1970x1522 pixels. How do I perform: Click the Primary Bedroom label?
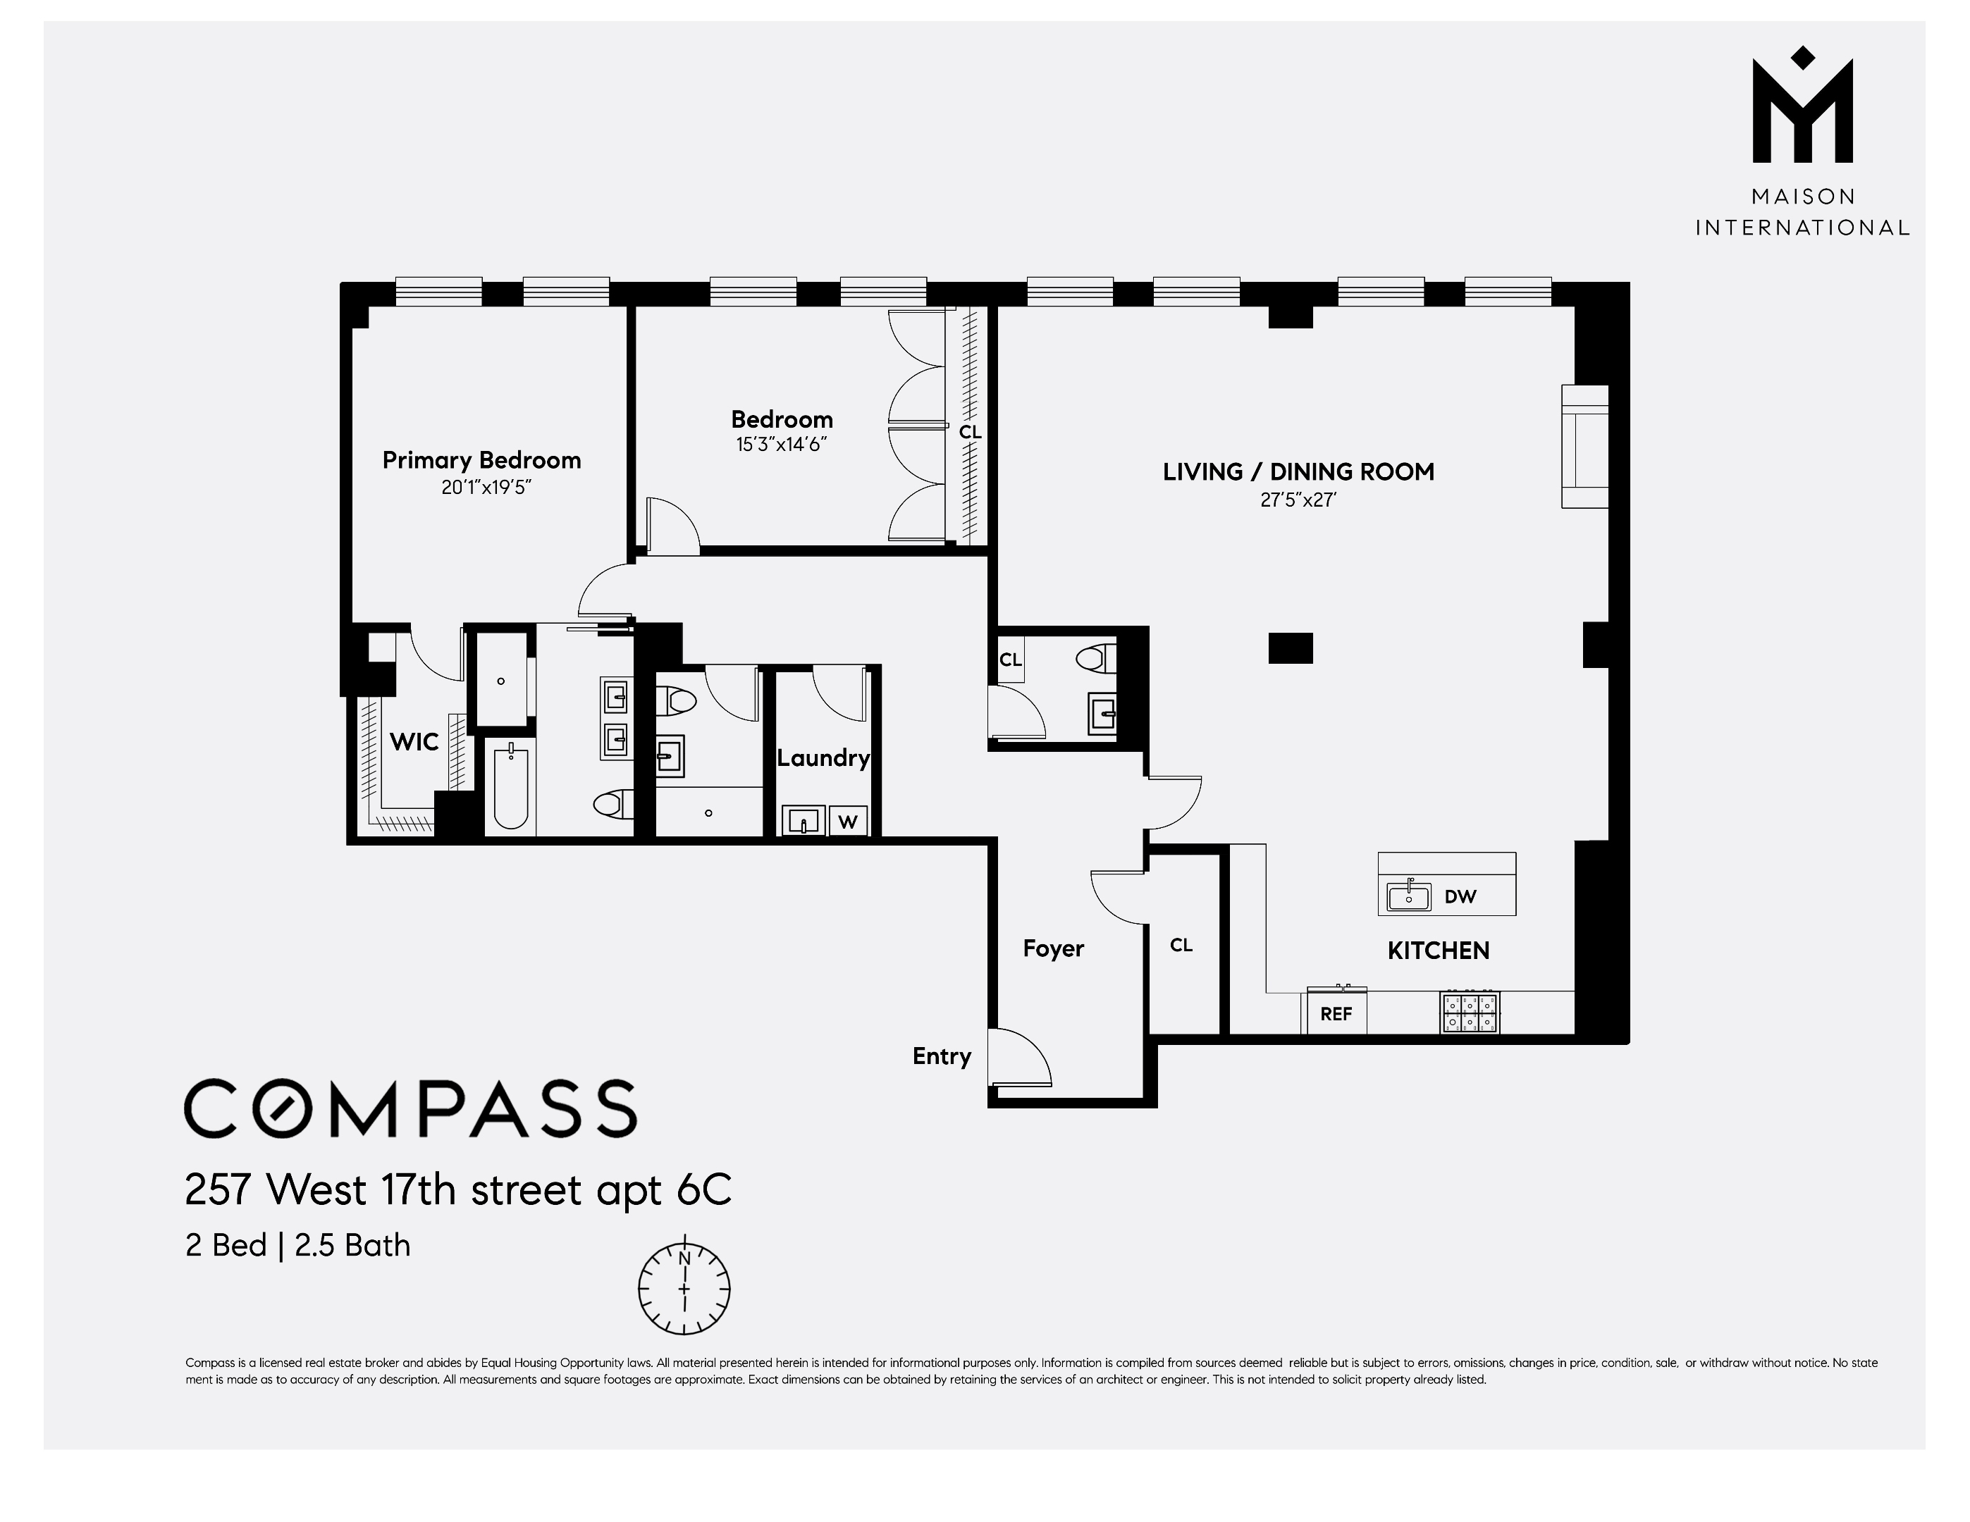pos(481,460)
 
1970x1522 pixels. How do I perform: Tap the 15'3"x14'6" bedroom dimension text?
pos(781,445)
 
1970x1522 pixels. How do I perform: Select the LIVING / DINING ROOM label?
pos(1298,471)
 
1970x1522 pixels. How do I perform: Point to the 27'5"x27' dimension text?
pos(1298,500)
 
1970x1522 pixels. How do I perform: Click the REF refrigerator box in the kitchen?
pos(1336,1013)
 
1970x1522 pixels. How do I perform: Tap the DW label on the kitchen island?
pos(1460,896)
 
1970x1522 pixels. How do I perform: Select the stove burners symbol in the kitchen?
pos(1470,1012)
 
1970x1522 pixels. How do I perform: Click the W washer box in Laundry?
pos(848,822)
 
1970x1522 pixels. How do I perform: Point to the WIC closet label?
pos(414,742)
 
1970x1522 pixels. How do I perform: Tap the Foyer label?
pos(1052,948)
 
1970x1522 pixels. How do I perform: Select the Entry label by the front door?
pos(941,1056)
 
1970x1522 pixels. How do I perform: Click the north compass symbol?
pos(684,1289)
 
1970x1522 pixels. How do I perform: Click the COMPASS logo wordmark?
pos(410,1108)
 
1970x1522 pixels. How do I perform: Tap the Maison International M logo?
pos(1802,109)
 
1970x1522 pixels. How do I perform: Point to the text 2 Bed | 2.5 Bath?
pos(297,1245)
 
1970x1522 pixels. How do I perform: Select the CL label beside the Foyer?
pos(1181,945)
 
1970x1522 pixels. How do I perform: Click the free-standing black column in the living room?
pos(1290,648)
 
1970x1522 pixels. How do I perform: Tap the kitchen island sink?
pos(1409,896)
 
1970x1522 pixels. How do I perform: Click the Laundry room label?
pos(823,757)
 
